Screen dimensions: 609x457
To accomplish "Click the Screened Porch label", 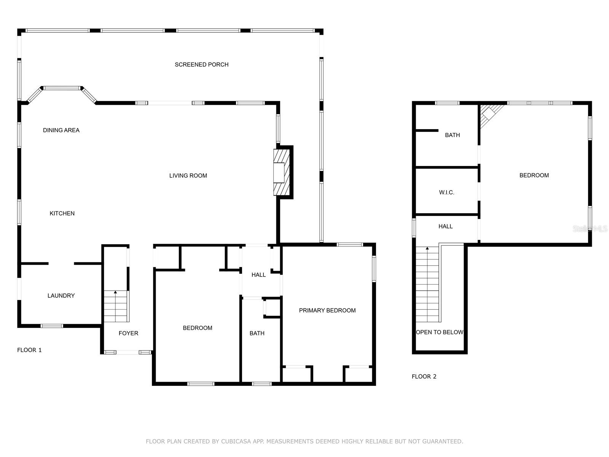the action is (x=201, y=65).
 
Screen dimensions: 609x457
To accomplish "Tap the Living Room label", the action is (x=188, y=176).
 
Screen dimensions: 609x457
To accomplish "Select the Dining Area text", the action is (x=61, y=130).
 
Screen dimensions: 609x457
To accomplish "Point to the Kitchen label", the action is (x=62, y=213).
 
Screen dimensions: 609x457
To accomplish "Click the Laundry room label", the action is (x=61, y=296).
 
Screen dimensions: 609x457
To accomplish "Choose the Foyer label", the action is (x=128, y=333).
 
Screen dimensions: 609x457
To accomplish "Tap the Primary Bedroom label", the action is (x=327, y=310).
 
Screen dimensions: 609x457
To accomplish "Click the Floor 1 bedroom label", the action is (x=197, y=328).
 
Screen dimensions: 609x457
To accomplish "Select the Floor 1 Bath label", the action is (x=257, y=333).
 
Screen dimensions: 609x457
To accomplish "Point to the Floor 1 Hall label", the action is (x=258, y=275).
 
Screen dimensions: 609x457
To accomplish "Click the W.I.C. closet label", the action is (x=446, y=193).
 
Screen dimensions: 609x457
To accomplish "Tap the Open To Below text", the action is (x=440, y=332).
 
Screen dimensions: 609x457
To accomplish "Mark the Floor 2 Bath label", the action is (x=452, y=135).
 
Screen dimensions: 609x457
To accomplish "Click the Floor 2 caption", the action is (x=424, y=377).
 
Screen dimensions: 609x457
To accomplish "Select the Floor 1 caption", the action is (x=29, y=350).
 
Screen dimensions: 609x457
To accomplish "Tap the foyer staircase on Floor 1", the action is (x=116, y=306).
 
